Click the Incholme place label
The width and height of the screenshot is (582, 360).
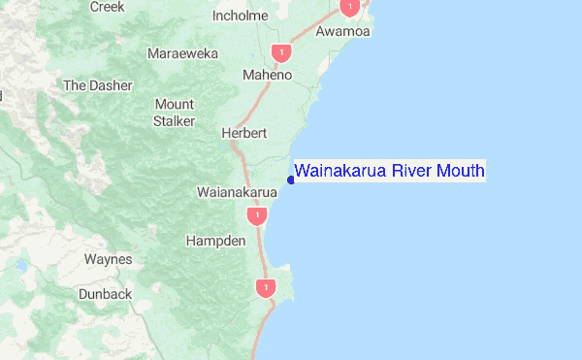pyautogui.click(x=240, y=16)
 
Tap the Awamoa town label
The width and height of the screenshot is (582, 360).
pyautogui.click(x=344, y=32)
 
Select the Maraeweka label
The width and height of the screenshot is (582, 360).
pyautogui.click(x=182, y=53)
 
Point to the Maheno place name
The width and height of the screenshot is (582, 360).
pyautogui.click(x=267, y=75)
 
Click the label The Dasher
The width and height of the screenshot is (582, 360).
pyautogui.click(x=97, y=85)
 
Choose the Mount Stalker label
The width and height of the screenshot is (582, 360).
pyautogui.click(x=175, y=112)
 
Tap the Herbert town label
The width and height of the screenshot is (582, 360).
pyautogui.click(x=242, y=133)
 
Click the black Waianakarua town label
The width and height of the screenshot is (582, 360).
pyautogui.click(x=238, y=192)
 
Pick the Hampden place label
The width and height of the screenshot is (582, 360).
pyautogui.click(x=214, y=239)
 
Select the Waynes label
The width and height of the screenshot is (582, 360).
pyautogui.click(x=108, y=259)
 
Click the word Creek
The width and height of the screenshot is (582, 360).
pyautogui.click(x=108, y=6)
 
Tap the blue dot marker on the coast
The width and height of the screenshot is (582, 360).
pyautogui.click(x=291, y=179)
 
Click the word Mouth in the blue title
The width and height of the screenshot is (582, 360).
pyautogui.click(x=459, y=172)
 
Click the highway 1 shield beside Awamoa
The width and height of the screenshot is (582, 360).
pyautogui.click(x=349, y=8)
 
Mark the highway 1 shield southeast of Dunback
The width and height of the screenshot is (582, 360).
pyautogui.click(x=264, y=288)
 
